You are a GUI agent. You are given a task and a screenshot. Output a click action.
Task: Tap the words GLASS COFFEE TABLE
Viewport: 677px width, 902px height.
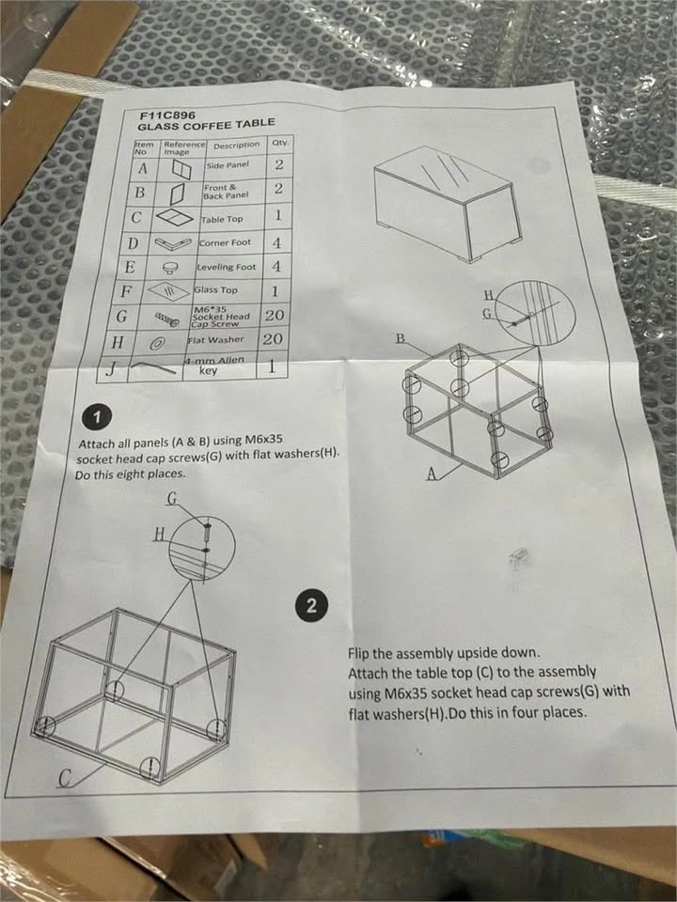[206, 125]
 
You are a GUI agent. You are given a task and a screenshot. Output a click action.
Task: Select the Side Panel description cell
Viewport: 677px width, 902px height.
[228, 165]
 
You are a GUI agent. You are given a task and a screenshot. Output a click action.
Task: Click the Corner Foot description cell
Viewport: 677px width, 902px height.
[225, 242]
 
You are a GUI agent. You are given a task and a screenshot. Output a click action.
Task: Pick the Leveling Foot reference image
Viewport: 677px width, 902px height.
[170, 267]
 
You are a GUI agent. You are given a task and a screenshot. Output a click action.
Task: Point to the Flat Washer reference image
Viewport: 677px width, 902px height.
[155, 344]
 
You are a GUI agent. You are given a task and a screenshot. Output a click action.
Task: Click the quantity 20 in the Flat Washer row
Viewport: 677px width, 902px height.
[273, 339]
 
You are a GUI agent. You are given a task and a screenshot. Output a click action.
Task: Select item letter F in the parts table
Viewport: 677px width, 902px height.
[126, 291]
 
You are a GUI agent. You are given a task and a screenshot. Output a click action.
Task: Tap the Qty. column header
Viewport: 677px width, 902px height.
[280, 142]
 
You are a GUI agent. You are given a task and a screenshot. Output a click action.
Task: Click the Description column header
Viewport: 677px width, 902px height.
[237, 146]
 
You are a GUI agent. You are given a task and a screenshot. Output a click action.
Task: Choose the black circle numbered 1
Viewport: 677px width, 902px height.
[97, 417]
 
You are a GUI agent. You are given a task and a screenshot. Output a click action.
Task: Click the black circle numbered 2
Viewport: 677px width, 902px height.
[311, 605]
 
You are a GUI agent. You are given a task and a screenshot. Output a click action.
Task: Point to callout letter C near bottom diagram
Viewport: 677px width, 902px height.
[67, 779]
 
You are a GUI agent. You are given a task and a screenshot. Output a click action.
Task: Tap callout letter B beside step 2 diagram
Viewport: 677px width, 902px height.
[401, 338]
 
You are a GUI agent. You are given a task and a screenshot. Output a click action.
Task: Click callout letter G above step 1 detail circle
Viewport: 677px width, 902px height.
[171, 498]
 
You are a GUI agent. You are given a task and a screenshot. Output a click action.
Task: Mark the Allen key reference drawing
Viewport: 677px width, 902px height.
[153, 366]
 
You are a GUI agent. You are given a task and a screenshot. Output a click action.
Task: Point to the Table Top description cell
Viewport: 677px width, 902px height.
[222, 219]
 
